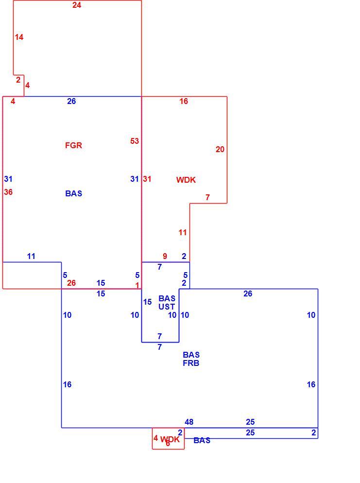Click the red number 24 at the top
coord(77,5)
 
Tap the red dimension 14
coord(19,37)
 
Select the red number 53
coord(135,141)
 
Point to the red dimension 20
coord(220,149)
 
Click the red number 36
coord(8,192)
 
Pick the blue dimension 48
coord(189,422)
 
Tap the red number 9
coord(165,256)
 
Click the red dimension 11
coord(183,233)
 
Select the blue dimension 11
coord(31,256)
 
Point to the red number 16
coord(184,102)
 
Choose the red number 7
coord(207,197)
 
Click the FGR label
coord(73,145)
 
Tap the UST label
coord(167,307)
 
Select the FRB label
coord(191,363)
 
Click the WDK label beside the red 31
coord(186,180)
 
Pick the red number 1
coord(137,286)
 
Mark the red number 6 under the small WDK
coord(168,444)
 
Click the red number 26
coord(71,283)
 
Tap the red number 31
coord(147,179)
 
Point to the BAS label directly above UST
coord(167,298)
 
